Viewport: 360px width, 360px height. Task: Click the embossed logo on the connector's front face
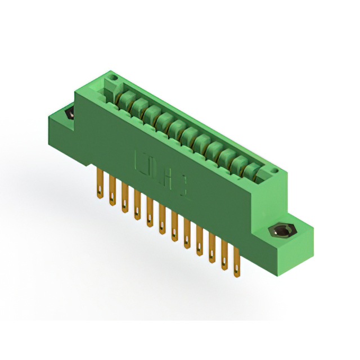point(160,172)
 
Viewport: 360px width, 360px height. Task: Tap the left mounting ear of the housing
point(62,121)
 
